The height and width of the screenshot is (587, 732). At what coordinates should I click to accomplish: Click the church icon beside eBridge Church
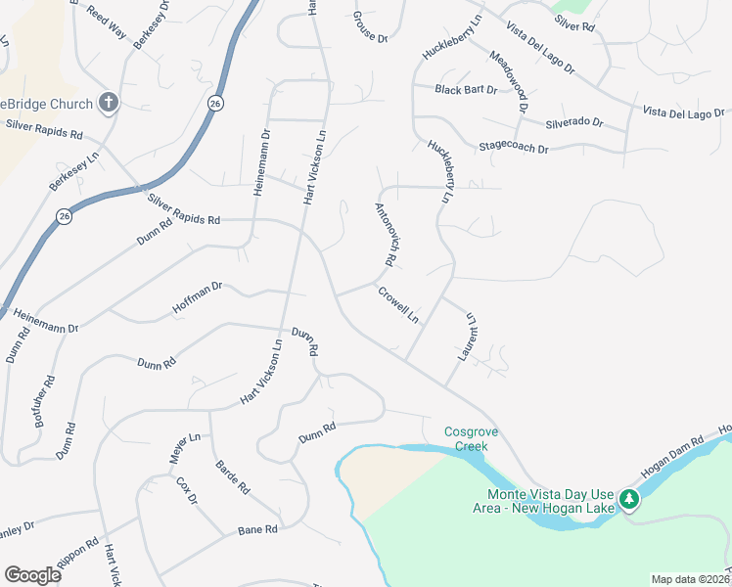click(109, 104)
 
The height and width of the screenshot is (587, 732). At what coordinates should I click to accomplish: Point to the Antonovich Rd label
click(384, 235)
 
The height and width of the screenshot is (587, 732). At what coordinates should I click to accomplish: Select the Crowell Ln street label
click(398, 304)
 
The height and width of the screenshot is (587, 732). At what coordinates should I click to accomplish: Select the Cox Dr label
click(186, 490)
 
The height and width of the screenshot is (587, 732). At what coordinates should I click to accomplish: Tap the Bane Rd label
click(258, 529)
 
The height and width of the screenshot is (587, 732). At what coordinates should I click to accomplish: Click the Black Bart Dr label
click(467, 90)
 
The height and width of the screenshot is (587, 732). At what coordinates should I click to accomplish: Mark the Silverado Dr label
click(574, 123)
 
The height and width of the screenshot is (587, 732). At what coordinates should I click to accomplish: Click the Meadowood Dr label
click(508, 84)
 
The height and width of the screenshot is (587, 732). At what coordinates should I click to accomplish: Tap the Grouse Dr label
click(371, 27)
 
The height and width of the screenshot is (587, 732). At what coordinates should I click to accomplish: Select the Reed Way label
click(107, 24)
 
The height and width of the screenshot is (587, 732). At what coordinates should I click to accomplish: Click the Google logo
click(32, 575)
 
